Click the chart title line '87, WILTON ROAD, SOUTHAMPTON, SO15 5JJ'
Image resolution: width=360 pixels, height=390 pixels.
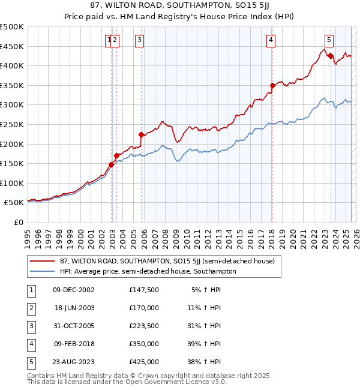(x=180, y=7)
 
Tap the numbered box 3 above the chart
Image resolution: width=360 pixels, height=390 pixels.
(x=139, y=40)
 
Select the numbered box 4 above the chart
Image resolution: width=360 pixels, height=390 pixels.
(x=271, y=40)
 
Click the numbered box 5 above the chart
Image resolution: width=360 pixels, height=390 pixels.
(x=329, y=40)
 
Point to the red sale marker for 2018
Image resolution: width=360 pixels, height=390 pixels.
(x=272, y=85)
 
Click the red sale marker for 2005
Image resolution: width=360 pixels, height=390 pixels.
(x=142, y=134)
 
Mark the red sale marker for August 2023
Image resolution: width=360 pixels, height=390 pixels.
(x=331, y=56)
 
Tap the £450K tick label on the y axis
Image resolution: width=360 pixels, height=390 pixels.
(x=12, y=46)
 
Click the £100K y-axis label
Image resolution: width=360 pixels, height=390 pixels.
(x=12, y=183)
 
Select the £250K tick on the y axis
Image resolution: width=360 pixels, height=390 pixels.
(x=12, y=124)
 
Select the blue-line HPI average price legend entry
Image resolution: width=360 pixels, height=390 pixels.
(x=148, y=272)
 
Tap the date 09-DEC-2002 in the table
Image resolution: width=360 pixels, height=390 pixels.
(x=74, y=290)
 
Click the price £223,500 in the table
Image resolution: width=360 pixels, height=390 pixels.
(x=143, y=326)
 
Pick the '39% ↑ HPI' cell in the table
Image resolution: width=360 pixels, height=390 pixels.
(x=203, y=344)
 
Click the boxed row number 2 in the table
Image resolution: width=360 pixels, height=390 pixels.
(x=31, y=308)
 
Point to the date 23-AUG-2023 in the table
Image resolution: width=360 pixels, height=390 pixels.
(x=74, y=362)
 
